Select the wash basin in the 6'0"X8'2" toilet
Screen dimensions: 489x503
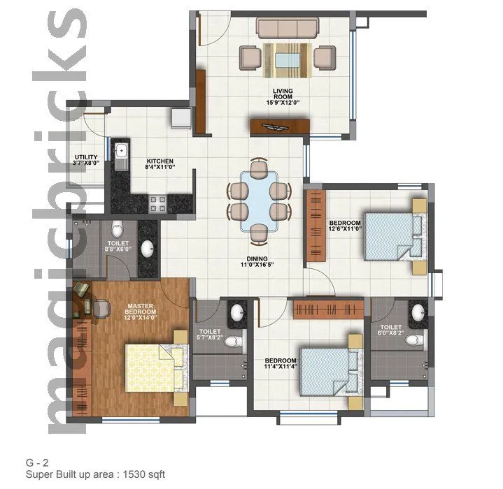(418, 311)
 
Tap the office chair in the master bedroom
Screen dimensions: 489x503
(101, 306)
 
